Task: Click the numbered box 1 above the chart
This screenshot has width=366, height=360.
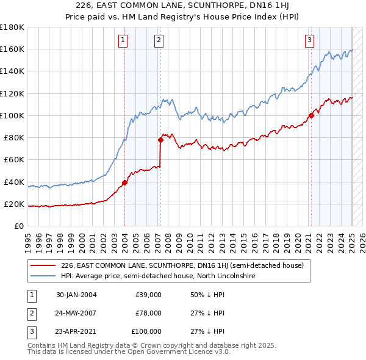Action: (123, 41)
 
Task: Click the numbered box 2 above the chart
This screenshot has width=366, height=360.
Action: (159, 41)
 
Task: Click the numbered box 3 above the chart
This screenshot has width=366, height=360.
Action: (309, 41)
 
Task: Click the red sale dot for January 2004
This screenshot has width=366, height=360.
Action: (124, 182)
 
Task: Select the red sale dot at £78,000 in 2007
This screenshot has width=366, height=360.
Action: (160, 140)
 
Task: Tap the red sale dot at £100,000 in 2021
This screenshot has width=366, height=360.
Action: (311, 115)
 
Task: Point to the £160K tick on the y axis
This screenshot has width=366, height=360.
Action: (12, 49)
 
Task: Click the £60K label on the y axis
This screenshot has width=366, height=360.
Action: (13, 160)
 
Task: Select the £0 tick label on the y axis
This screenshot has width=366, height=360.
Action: (18, 226)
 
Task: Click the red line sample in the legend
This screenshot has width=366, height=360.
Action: (44, 265)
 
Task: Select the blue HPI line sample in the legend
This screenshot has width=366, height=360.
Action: (44, 276)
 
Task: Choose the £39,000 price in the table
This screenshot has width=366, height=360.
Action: (148, 295)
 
